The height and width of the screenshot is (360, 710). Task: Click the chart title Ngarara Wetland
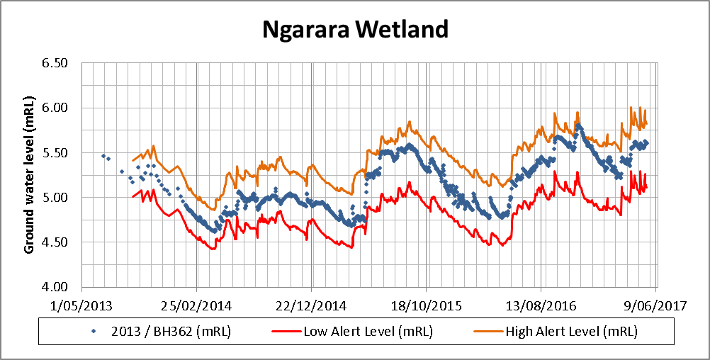(355, 29)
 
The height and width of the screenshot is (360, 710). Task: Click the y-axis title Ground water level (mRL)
(30, 174)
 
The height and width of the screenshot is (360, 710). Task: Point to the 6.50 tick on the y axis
(54, 63)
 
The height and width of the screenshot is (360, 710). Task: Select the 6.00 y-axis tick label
(54, 108)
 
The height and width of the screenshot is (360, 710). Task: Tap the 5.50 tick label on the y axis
(54, 152)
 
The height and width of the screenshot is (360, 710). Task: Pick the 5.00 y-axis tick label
(54, 197)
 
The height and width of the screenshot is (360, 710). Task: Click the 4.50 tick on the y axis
(54, 242)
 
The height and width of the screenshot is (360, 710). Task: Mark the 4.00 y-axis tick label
(54, 287)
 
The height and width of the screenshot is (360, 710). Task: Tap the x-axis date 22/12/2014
(310, 305)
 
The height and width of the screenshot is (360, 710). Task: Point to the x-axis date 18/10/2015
(424, 305)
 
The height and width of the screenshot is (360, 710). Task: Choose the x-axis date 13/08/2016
(540, 305)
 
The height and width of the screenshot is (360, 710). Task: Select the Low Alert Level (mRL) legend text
(368, 332)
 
